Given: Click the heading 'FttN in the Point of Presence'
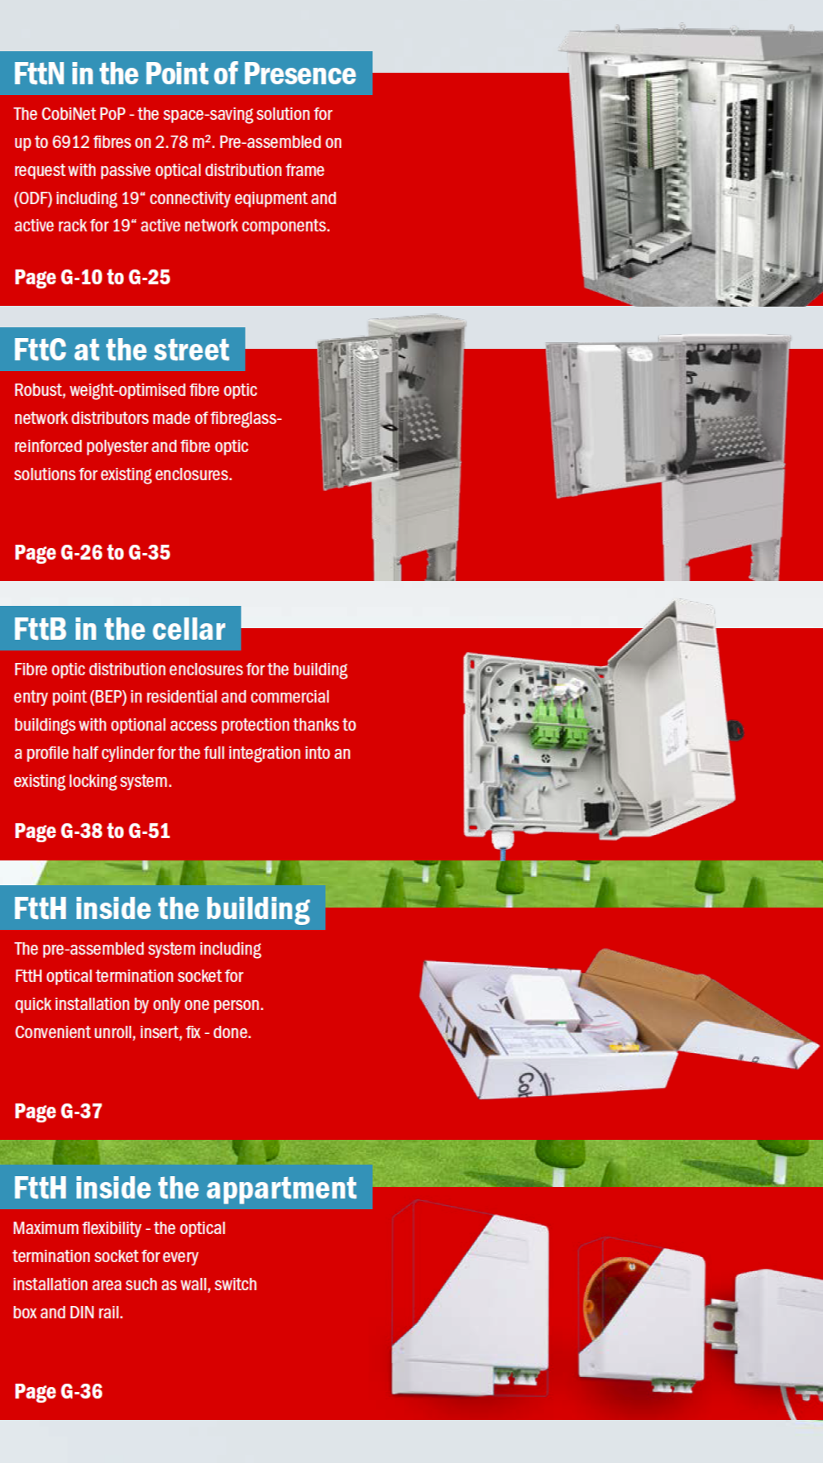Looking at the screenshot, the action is pyautogui.click(x=184, y=74).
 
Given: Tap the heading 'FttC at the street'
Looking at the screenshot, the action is pyautogui.click(x=122, y=350).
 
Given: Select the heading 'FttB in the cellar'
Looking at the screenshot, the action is pyautogui.click(x=119, y=630).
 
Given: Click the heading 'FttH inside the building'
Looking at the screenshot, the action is pyautogui.click(x=161, y=909).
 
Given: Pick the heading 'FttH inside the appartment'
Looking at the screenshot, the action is pyautogui.click(x=184, y=1189).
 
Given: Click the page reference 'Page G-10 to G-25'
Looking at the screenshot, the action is pyautogui.click(x=92, y=278).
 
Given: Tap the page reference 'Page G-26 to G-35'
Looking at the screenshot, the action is pyautogui.click(x=92, y=553).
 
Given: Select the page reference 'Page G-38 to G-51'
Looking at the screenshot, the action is pyautogui.click(x=92, y=832).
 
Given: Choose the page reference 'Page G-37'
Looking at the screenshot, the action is pyautogui.click(x=58, y=1112).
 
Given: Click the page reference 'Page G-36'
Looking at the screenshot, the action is pyautogui.click(x=58, y=1392).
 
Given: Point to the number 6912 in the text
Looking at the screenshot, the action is pyautogui.click(x=70, y=142).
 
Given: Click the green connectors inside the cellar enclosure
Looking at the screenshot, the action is pyautogui.click(x=560, y=722).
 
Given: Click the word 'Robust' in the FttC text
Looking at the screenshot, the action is pyautogui.click(x=38, y=390).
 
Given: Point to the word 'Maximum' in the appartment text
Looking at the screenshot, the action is pyautogui.click(x=48, y=1228).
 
